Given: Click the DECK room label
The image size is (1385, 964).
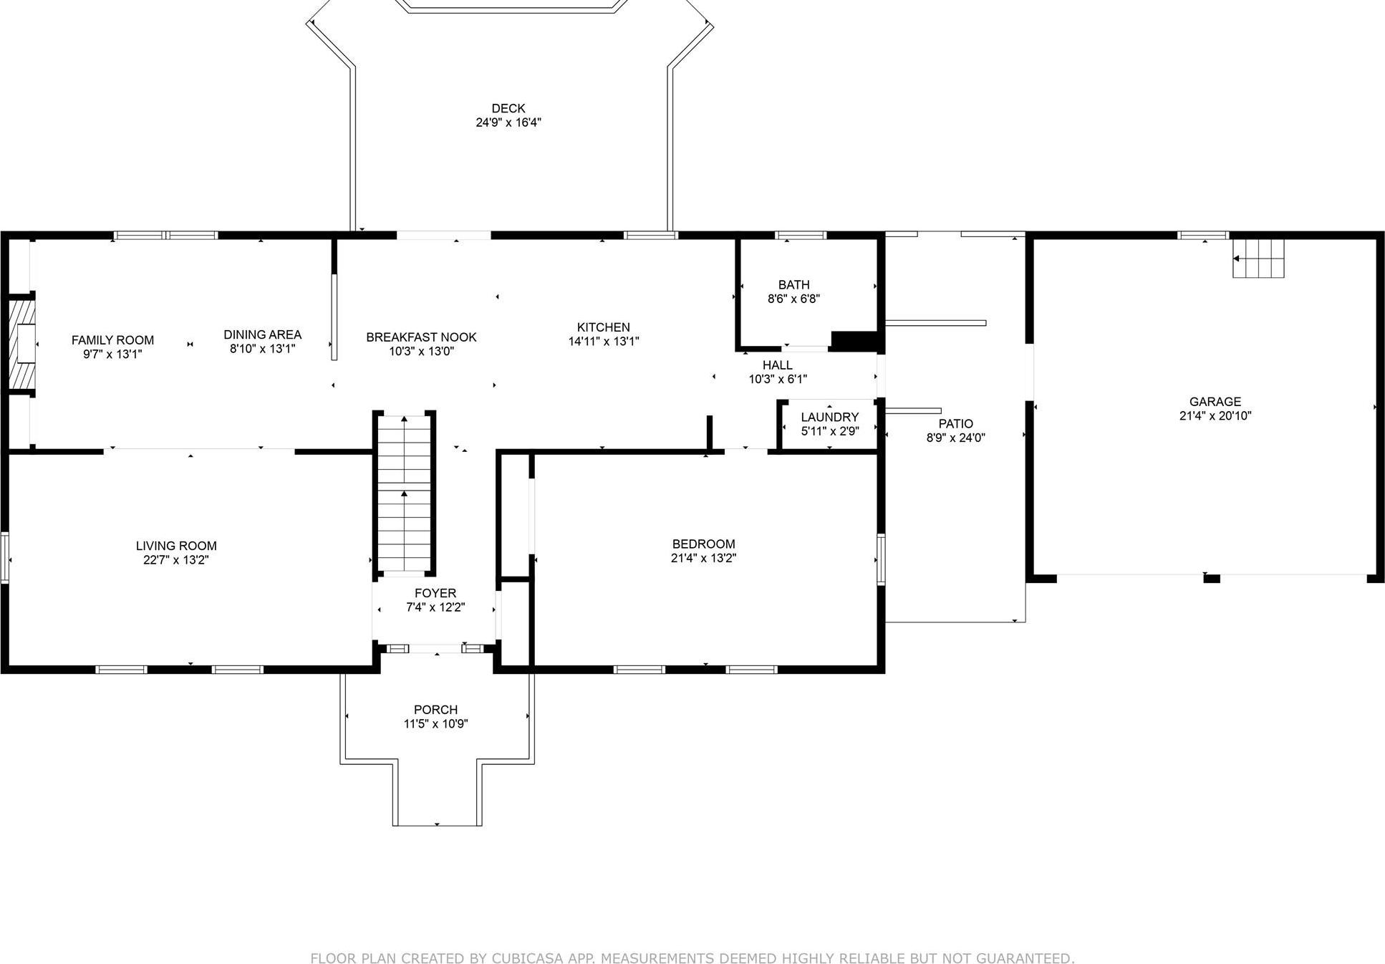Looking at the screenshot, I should (x=508, y=108).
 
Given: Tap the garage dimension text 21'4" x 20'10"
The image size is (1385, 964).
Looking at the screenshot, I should (x=1215, y=416).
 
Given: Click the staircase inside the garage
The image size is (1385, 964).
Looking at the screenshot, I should (x=1258, y=259).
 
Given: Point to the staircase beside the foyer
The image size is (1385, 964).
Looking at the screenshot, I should (x=405, y=494).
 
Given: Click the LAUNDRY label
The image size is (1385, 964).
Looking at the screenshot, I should (x=829, y=417).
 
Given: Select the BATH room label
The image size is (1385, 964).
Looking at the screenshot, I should (x=793, y=284).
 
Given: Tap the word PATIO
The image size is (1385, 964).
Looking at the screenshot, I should (x=955, y=423).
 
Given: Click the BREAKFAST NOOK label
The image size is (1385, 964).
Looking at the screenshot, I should (x=421, y=337).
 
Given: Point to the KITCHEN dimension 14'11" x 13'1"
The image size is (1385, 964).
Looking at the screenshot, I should (x=603, y=342).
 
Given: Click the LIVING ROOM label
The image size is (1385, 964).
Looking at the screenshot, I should (x=176, y=546).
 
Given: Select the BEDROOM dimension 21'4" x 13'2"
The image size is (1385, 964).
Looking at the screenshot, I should (x=703, y=558).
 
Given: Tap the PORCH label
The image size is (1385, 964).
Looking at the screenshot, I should (x=435, y=710).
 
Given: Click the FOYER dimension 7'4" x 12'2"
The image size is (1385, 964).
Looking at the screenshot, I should (x=435, y=607).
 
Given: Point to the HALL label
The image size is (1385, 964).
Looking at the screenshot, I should (x=777, y=365).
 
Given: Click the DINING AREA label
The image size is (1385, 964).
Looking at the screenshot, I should (x=262, y=334).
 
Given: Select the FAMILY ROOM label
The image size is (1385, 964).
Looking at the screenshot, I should (x=112, y=340).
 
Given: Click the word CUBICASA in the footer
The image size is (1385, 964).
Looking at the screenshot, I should (x=521, y=958).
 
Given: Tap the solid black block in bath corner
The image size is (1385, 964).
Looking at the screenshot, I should (x=854, y=342).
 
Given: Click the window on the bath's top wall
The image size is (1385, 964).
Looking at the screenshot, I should (x=801, y=235).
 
